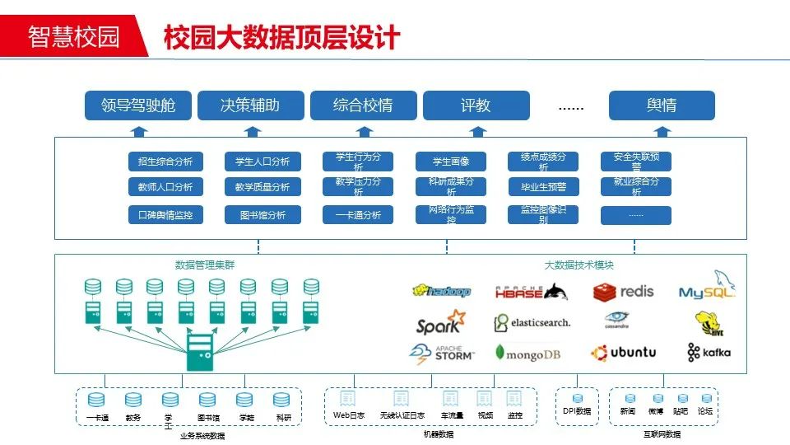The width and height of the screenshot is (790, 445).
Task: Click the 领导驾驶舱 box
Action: pyautogui.click(x=138, y=105)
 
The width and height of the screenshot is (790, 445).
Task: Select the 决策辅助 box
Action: pyautogui.click(x=250, y=105)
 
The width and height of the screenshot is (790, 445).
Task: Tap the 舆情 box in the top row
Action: pyautogui.click(x=662, y=105)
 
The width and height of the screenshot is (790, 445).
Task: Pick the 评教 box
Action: pyautogui.click(x=476, y=105)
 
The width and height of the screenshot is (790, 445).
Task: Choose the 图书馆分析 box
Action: pyautogui.click(x=263, y=215)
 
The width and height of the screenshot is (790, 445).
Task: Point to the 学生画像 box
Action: pyautogui.click(x=450, y=162)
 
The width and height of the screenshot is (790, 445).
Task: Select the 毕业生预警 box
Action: pyautogui.click(x=543, y=187)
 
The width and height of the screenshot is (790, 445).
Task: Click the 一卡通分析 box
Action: pyautogui.click(x=358, y=215)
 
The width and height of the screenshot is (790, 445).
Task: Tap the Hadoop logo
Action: pyautogui.click(x=442, y=291)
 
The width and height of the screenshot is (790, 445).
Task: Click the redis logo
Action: pyautogui.click(x=624, y=291)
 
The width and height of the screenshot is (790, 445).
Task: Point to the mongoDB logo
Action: pyautogui.click(x=527, y=354)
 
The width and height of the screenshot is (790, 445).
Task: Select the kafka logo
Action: pyautogui.click(x=709, y=353)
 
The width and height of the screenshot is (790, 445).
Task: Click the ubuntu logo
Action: pyautogui.click(x=623, y=353)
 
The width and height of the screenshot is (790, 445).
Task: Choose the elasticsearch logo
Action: pyautogui.click(x=532, y=322)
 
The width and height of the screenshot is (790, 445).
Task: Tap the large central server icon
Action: pyautogui.click(x=198, y=352)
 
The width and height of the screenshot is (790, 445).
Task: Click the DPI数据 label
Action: pyautogui.click(x=577, y=411)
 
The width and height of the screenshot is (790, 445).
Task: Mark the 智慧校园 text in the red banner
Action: pyautogui.click(x=73, y=37)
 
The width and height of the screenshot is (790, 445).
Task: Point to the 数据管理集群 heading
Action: pyautogui.click(x=204, y=265)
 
